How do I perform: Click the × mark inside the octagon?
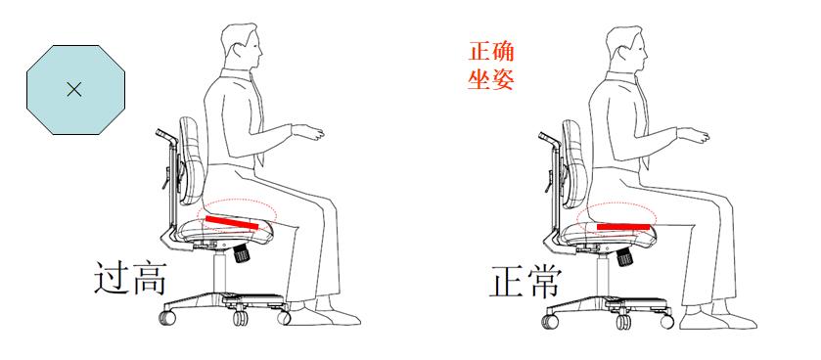(73, 90)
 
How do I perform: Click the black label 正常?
(525, 282)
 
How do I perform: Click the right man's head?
(623, 49)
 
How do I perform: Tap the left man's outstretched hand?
(312, 131)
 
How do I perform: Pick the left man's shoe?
(330, 315)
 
